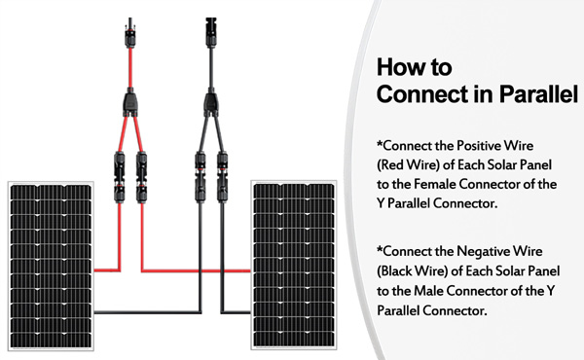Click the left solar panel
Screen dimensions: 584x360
coord(51,266)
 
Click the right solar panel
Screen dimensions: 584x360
coord(294,265)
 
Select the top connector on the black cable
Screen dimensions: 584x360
coord(211,33)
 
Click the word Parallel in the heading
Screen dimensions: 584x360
coord(538,93)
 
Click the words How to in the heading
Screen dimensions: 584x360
coord(415,67)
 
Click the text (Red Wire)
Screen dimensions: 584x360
coord(408,164)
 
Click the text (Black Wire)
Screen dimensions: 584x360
coord(412,270)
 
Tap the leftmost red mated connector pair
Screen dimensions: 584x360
coord(119,177)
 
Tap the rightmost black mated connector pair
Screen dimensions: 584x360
coord(222,177)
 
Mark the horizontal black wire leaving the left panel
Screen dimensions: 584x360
coord(148,312)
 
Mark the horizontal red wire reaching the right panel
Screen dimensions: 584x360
coord(197,270)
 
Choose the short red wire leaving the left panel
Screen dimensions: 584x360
coord(107,270)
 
